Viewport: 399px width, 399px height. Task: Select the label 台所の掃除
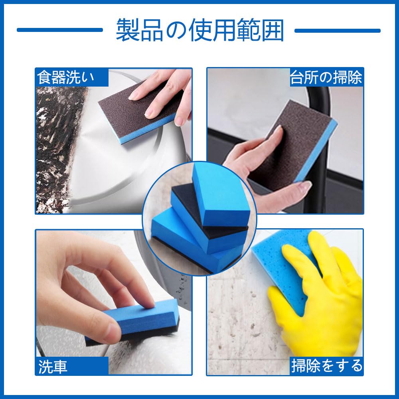[x=326, y=77]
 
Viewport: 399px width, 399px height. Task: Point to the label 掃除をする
[x=327, y=366]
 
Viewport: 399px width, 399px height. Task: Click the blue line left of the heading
[x=60, y=30]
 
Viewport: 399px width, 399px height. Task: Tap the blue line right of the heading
[x=338, y=31]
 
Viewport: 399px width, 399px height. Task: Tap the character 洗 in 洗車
[x=45, y=366]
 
